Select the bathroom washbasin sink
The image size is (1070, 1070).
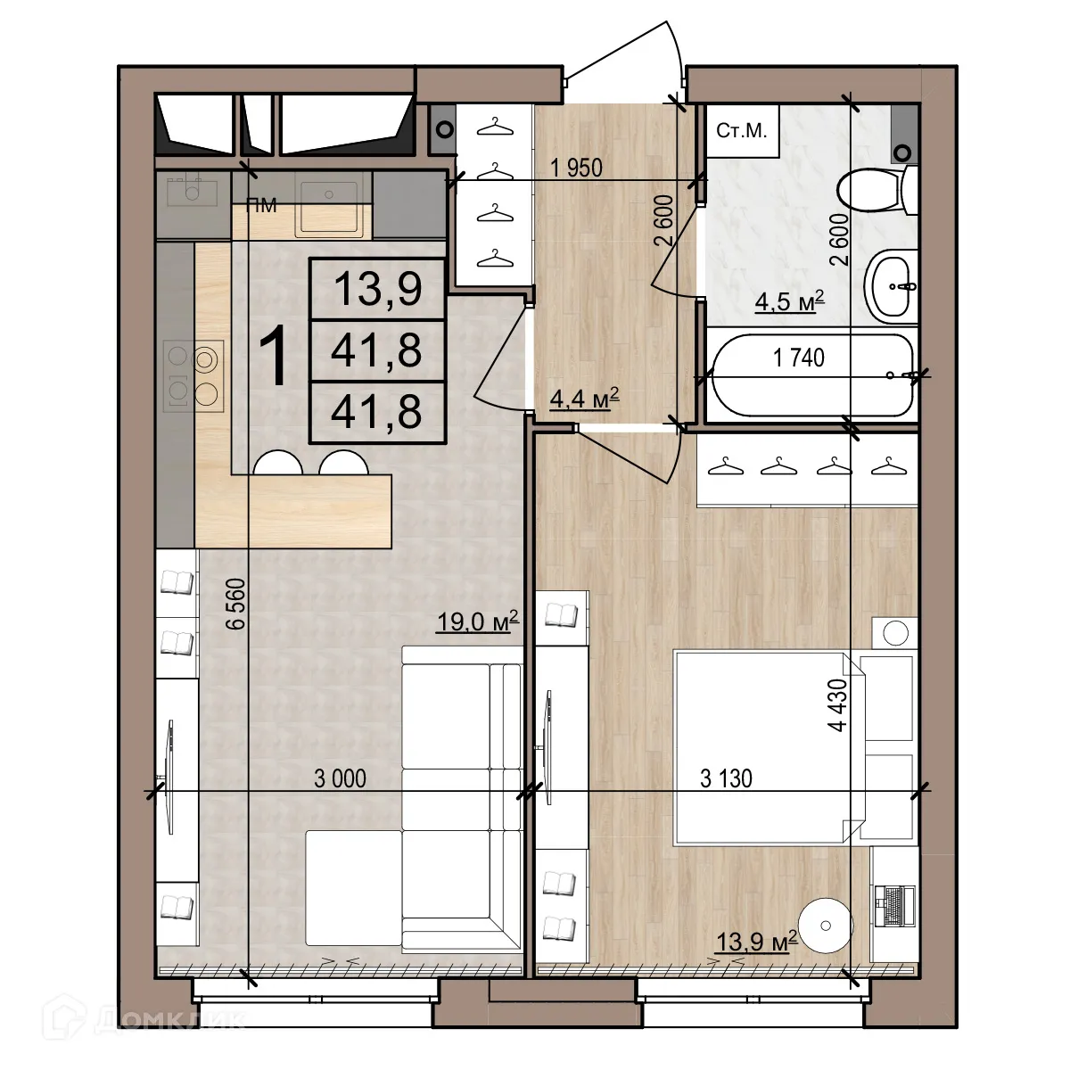[891, 286]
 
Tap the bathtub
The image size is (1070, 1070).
[811, 375]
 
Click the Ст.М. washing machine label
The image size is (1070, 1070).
[741, 131]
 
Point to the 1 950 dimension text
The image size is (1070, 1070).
[576, 168]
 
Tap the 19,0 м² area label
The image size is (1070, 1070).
[477, 621]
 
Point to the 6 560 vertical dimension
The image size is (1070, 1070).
[235, 605]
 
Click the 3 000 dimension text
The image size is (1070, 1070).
[340, 778]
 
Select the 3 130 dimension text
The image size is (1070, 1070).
[726, 778]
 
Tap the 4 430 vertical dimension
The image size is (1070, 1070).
[838, 704]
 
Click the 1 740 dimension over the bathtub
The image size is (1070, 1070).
[798, 358]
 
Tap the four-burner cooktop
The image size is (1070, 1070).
[193, 375]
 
